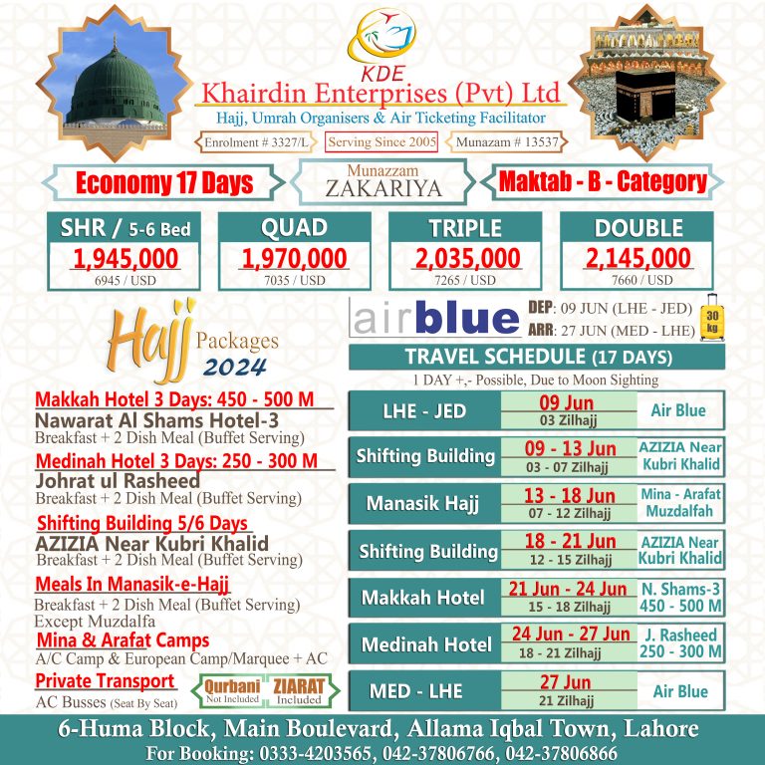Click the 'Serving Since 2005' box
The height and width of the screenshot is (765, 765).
tap(382, 142)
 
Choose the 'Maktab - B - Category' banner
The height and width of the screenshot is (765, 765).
tap(603, 182)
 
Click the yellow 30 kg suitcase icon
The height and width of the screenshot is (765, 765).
tap(713, 318)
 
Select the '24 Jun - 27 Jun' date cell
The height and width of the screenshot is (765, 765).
tap(570, 634)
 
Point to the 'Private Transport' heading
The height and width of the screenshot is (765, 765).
tap(106, 681)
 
